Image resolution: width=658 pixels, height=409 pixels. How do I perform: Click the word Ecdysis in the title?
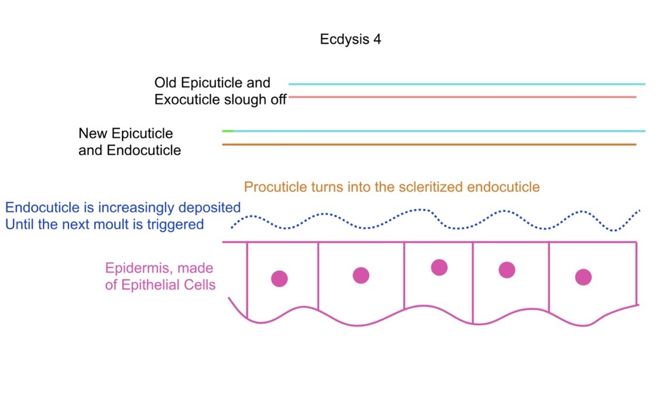point(345,39)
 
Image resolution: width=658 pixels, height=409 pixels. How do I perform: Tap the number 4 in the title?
point(377,39)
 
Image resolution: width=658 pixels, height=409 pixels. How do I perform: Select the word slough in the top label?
point(247,99)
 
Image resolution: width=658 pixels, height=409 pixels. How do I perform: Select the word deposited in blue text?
point(209,208)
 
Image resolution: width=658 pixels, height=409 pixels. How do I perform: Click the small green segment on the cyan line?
point(228,131)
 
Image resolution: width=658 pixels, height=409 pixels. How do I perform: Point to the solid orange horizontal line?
point(429,145)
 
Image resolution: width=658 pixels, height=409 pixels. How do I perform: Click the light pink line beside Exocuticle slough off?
point(462,97)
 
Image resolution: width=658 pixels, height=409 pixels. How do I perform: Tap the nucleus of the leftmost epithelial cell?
point(279,279)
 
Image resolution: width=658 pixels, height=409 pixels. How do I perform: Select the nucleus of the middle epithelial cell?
point(440,267)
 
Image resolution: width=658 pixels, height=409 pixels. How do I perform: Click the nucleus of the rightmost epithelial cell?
point(583,277)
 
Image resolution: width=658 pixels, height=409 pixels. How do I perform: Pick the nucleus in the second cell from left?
point(361,276)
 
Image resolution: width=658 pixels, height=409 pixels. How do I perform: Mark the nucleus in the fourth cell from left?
point(507,270)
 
